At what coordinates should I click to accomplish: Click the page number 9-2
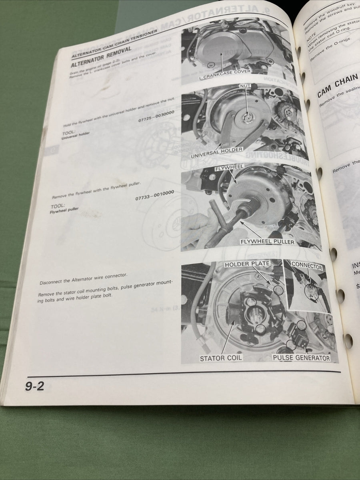click(x=35, y=387)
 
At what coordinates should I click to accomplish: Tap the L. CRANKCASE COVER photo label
click(x=225, y=72)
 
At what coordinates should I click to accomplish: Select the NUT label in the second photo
click(x=245, y=86)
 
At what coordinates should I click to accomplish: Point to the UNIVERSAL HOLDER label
click(x=216, y=150)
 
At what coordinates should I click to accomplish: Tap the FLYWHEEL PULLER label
click(x=267, y=242)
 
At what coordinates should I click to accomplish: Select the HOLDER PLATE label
click(x=247, y=264)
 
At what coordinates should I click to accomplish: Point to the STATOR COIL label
click(x=221, y=358)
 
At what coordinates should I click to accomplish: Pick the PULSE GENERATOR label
click(x=301, y=358)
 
